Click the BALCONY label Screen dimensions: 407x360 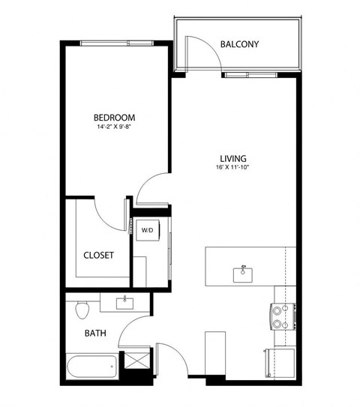[x=239, y=44]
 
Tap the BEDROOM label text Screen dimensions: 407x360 [x=114, y=118]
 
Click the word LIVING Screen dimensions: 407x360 [x=233, y=158]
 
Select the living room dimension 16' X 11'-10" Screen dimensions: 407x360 [x=233, y=169]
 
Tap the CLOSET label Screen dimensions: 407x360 [x=98, y=255]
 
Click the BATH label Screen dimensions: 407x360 [x=94, y=332]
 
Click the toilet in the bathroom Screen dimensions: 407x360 [x=82, y=308]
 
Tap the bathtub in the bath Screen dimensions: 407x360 [x=91, y=367]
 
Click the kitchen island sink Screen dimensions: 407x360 [x=243, y=274]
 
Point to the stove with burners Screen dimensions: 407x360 [x=280, y=316]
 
